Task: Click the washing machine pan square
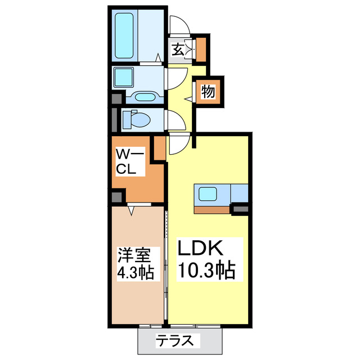[x=123, y=77]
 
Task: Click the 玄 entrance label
[x=178, y=50]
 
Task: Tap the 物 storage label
[x=208, y=92]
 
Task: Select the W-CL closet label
[x=130, y=161]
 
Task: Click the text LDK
[x=201, y=248]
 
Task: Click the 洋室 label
[x=134, y=255]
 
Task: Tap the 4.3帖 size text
[x=135, y=275]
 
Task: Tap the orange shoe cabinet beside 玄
[x=201, y=49]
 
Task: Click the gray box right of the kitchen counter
[x=241, y=210]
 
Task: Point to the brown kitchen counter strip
[x=213, y=210]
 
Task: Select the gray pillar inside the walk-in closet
[x=117, y=197]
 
